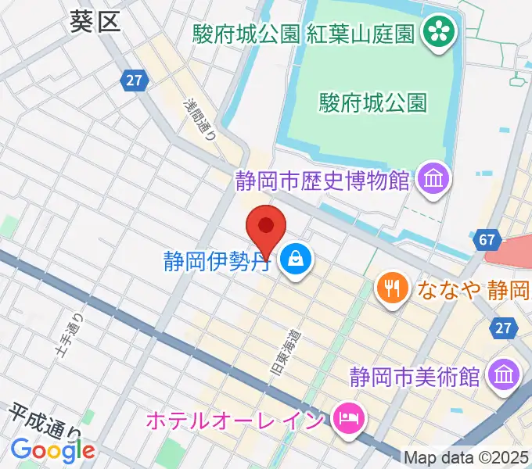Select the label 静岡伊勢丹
(x=217, y=259)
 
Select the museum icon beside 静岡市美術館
(x=502, y=376)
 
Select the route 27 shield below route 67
(x=502, y=329)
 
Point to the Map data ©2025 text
(x=466, y=457)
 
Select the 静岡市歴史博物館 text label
(x=322, y=181)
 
